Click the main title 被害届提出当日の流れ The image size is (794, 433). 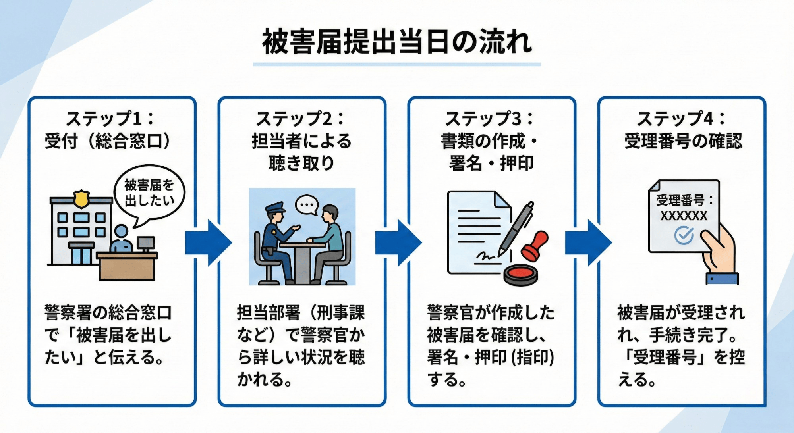click(397, 42)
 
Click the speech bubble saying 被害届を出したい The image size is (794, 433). click(149, 193)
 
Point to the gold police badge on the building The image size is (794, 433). click(81, 198)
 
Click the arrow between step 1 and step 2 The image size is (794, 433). click(208, 242)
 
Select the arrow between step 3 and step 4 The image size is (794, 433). click(588, 242)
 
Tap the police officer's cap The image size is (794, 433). click(275, 208)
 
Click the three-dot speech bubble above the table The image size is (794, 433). click(307, 205)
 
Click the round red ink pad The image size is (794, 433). click(521, 274)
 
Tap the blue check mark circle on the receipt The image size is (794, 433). click(684, 235)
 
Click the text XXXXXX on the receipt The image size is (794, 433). click(684, 216)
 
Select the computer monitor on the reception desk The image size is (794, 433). click(145, 242)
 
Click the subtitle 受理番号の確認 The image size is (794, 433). click(683, 141)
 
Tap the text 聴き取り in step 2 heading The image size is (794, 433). click(301, 163)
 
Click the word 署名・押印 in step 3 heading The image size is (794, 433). click(491, 163)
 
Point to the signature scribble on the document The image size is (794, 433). click(485, 258)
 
